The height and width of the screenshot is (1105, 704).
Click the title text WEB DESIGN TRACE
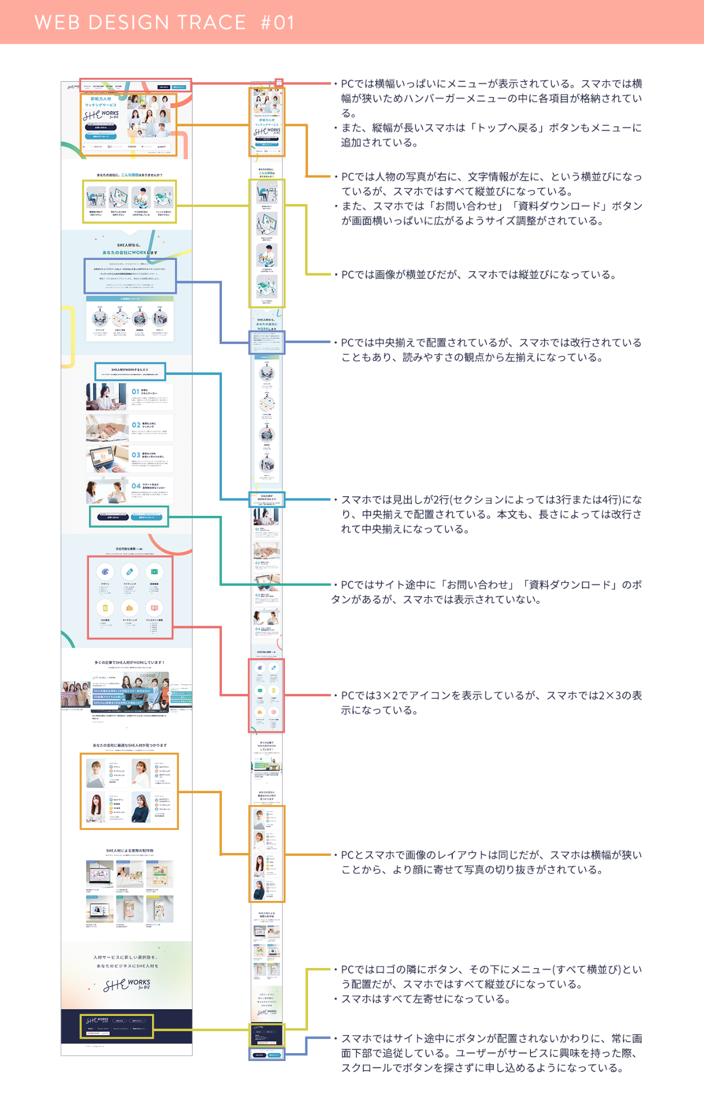tap(140, 22)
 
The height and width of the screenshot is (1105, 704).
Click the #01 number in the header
tap(278, 22)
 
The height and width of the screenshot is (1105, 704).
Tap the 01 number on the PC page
tap(135, 391)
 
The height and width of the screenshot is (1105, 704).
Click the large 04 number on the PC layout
tap(136, 485)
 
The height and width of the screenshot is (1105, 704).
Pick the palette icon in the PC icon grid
tap(105, 572)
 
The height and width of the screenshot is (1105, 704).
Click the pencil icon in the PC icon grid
tap(130, 572)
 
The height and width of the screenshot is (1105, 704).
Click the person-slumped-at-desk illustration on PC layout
tap(96, 198)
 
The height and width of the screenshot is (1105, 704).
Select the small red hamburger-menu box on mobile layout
tap(279, 82)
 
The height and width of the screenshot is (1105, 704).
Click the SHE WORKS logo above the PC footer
tap(127, 984)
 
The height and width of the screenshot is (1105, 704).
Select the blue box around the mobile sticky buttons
tap(266, 1054)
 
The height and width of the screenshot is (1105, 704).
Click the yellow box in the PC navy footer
tap(116, 1027)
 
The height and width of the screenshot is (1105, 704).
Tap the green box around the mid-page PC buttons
tap(129, 516)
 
